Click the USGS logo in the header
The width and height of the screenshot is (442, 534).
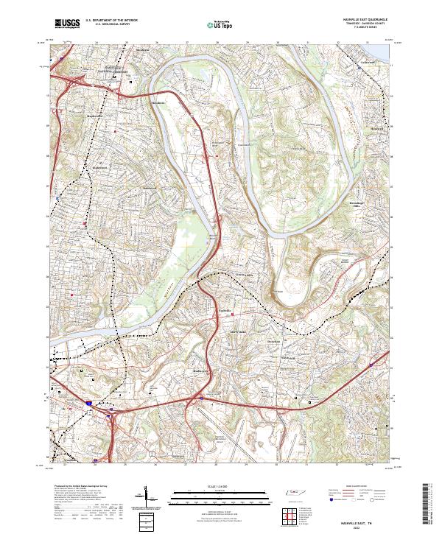(67, 24)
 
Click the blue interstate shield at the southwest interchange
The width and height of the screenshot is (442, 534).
(88, 404)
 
